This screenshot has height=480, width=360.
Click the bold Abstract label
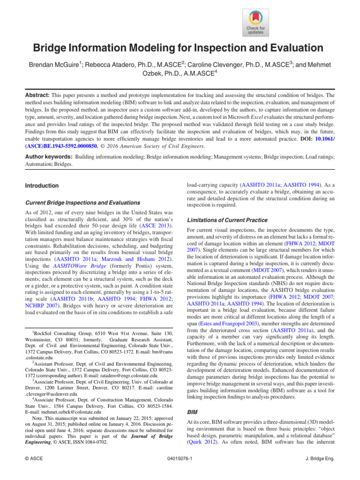tap(37, 94)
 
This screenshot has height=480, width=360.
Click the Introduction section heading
tap(42, 186)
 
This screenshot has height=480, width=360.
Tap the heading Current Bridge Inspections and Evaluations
tap(82, 202)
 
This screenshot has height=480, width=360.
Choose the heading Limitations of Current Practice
tap(227, 220)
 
